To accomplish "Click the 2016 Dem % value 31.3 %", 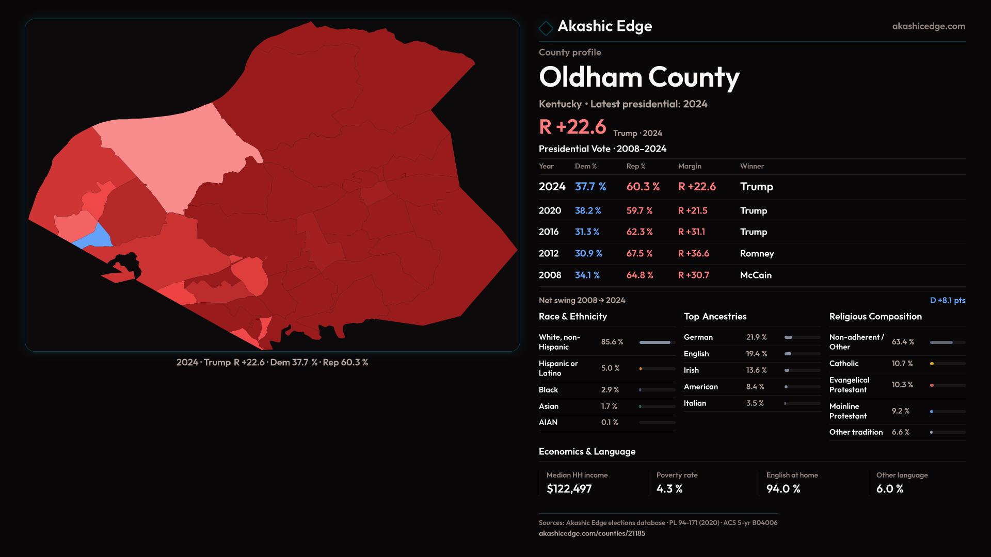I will pyautogui.click(x=587, y=232).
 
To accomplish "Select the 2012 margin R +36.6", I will pyautogui.click(x=693, y=254).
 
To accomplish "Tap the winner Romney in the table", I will pyautogui.click(x=757, y=254).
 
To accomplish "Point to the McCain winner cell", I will pyautogui.click(x=756, y=275).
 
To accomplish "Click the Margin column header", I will pyautogui.click(x=690, y=166).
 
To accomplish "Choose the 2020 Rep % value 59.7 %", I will pyautogui.click(x=639, y=211).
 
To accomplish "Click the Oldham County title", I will pyautogui.click(x=639, y=77).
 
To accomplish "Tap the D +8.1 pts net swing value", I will pyautogui.click(x=947, y=300).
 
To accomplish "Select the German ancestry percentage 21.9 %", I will pyautogui.click(x=756, y=337).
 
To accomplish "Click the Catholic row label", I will pyautogui.click(x=844, y=364).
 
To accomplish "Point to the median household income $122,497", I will pyautogui.click(x=569, y=489).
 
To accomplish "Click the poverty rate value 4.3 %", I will pyautogui.click(x=669, y=489).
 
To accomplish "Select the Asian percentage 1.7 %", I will pyautogui.click(x=609, y=406).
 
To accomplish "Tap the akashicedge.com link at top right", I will pyautogui.click(x=928, y=26).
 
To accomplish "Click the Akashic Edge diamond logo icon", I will pyautogui.click(x=546, y=27).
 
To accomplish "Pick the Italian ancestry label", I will pyautogui.click(x=695, y=403).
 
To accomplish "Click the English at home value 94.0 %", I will pyautogui.click(x=783, y=489).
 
